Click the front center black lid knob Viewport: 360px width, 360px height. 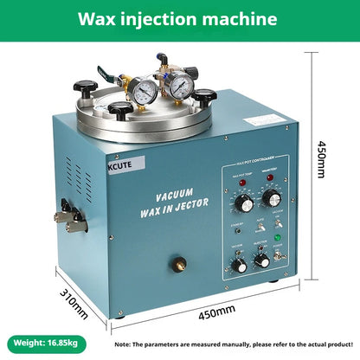[121, 110]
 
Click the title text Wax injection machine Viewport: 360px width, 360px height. [179, 19]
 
